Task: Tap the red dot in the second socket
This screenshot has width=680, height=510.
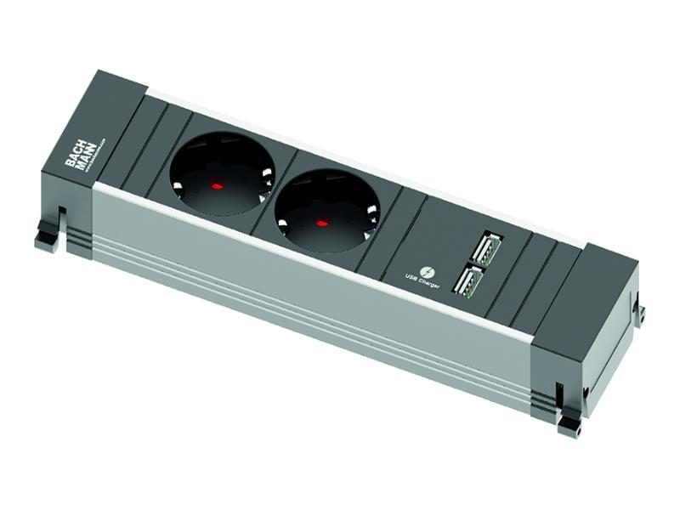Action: (321, 223)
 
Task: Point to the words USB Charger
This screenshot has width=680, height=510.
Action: (422, 281)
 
